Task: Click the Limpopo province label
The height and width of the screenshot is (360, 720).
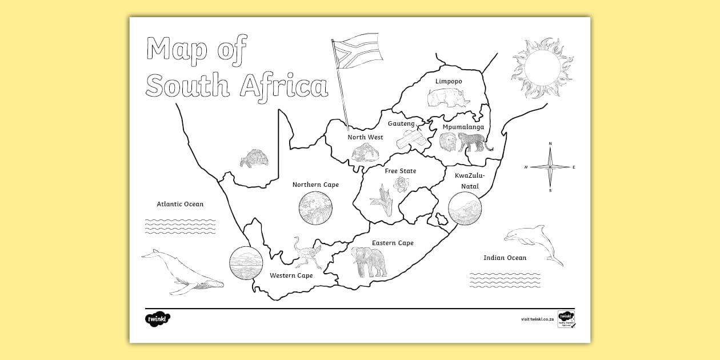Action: (449, 81)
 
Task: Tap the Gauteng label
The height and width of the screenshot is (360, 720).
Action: (401, 123)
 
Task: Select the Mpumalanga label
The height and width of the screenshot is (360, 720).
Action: (463, 127)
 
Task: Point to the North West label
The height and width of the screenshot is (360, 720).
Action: (365, 137)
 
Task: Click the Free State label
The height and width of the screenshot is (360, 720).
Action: (400, 171)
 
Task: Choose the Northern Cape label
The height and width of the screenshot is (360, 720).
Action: (315, 185)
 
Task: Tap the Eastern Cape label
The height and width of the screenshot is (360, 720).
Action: (393, 243)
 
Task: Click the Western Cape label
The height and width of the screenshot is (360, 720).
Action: (291, 275)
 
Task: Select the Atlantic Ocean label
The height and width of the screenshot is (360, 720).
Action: (180, 204)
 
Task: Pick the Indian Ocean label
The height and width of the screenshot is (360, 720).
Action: (505, 258)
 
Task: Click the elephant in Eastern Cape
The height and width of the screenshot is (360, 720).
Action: (369, 262)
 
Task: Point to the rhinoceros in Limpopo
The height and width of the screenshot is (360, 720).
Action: (447, 98)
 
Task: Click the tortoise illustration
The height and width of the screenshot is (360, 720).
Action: (254, 158)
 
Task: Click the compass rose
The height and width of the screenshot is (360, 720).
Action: (550, 167)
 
